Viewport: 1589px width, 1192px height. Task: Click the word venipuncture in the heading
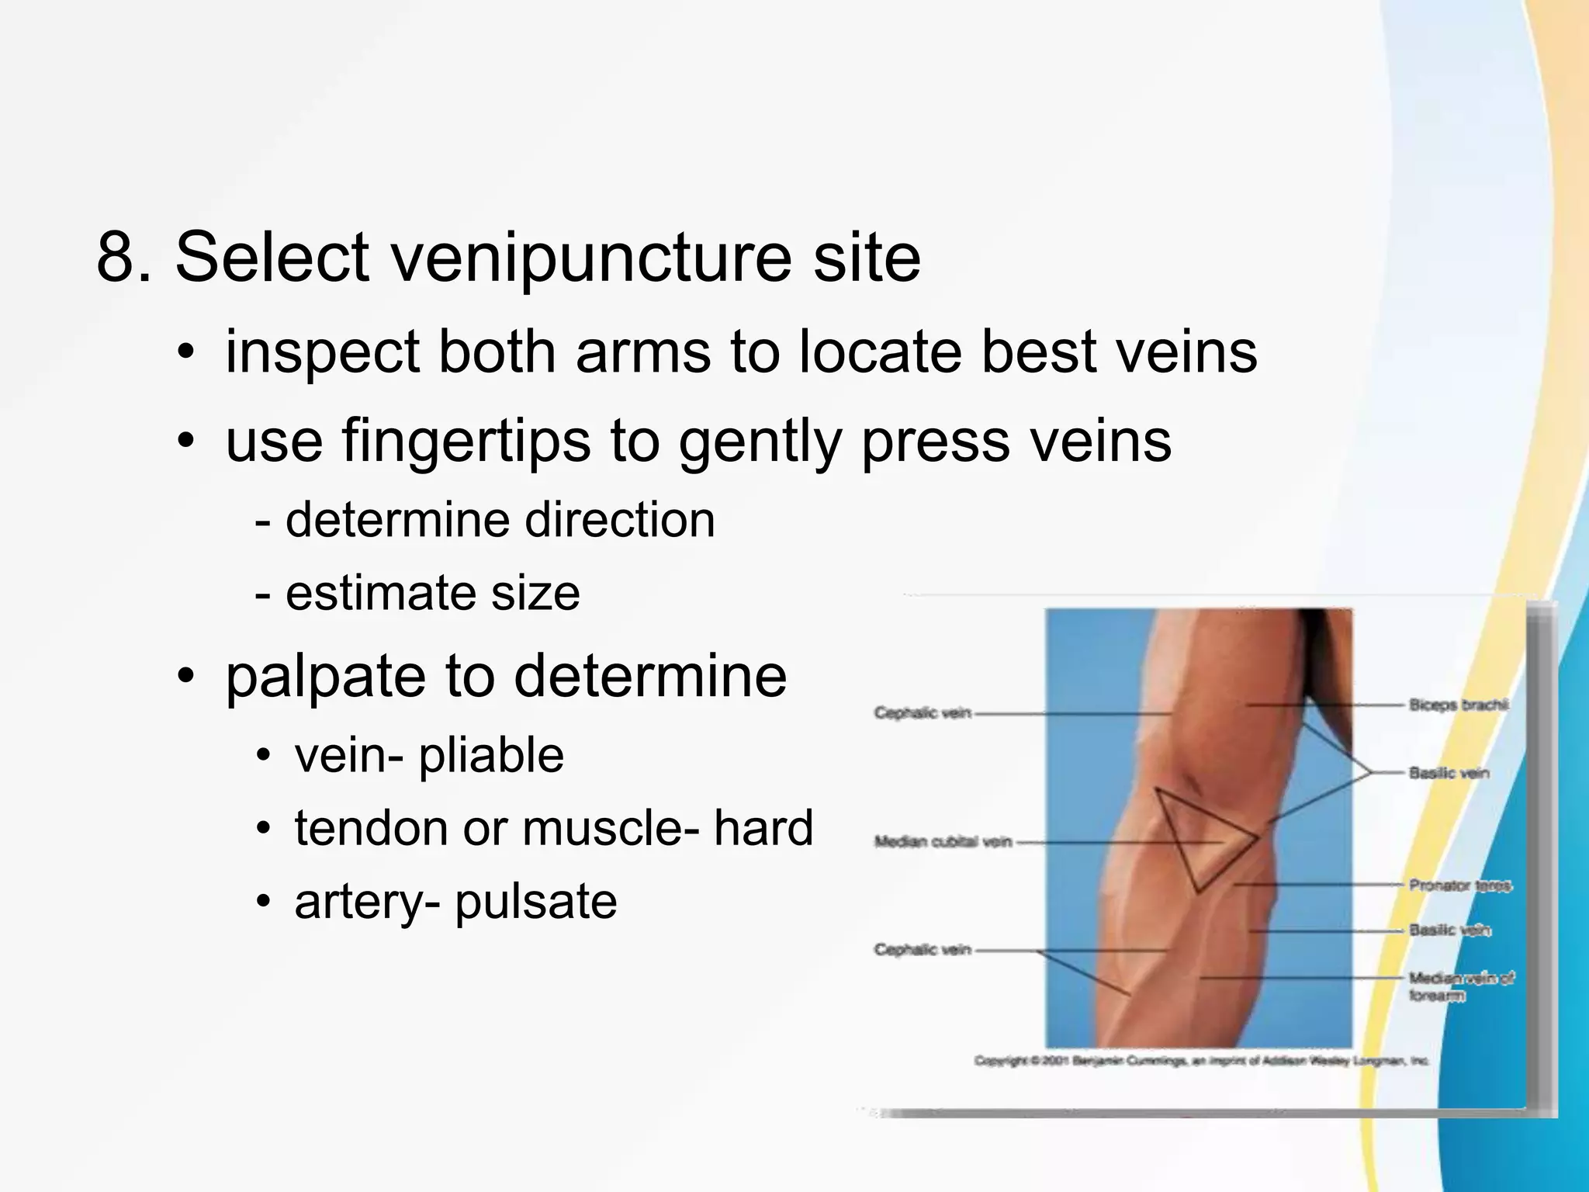591,258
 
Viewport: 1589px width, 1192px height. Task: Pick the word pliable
491,756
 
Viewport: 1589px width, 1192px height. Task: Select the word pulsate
535,902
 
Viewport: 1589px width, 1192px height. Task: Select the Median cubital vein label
943,841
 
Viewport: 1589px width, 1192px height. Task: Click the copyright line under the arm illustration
1200,1061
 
